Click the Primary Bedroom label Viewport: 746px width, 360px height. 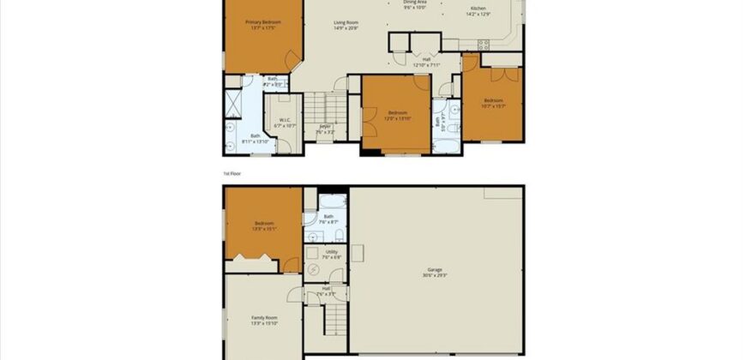(263, 21)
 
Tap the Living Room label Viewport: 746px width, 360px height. (346, 21)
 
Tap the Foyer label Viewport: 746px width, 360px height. (325, 127)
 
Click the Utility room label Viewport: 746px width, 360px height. (331, 252)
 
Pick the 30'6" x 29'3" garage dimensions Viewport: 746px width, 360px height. (435, 275)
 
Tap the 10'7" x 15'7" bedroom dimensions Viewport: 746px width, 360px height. (492, 105)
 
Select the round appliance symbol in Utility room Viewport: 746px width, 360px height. (313, 267)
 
